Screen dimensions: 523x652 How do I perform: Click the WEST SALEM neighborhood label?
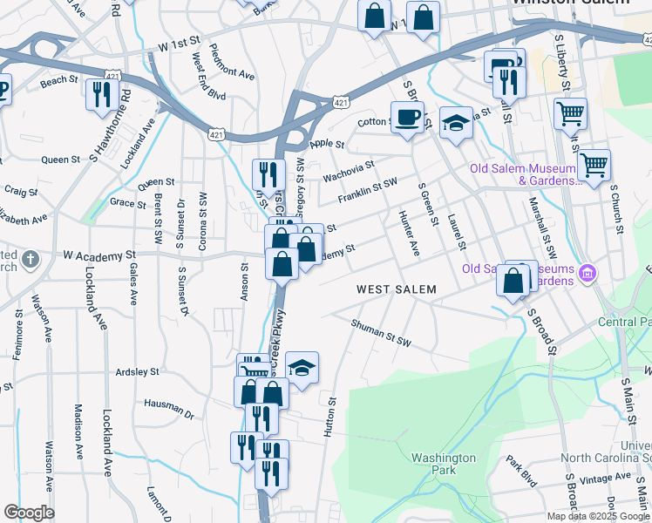pyautogui.click(x=395, y=289)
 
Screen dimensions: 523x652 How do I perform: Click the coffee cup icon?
pyautogui.click(x=406, y=117)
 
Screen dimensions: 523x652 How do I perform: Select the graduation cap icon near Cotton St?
pyautogui.click(x=455, y=123)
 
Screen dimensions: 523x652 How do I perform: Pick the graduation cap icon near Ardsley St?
pyautogui.click(x=302, y=368)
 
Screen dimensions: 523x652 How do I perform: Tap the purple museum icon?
pyautogui.click(x=587, y=275)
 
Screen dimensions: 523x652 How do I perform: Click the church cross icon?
pyautogui.click(x=30, y=260)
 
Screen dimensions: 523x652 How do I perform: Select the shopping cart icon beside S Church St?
pyautogui.click(x=594, y=163)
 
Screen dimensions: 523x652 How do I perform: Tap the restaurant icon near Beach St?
pyautogui.click(x=103, y=92)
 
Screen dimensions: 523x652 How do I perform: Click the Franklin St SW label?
pyautogui.click(x=368, y=189)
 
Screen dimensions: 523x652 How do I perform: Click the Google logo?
pyautogui.click(x=29, y=512)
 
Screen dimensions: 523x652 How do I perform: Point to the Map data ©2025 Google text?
pyautogui.click(x=597, y=516)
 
